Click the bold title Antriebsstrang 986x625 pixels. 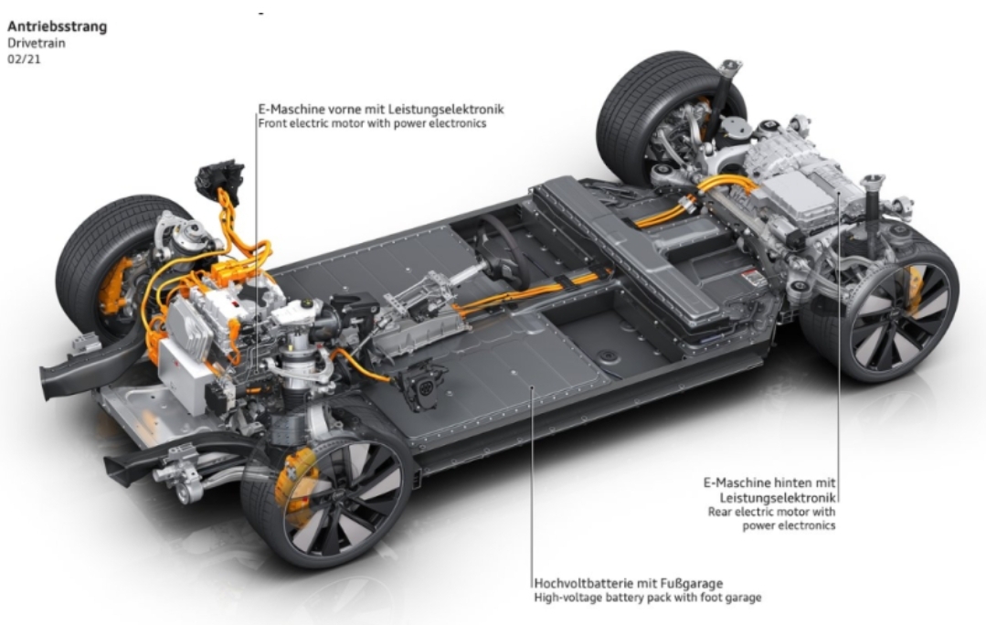click(x=57, y=26)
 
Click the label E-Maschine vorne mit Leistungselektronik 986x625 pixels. click(x=381, y=109)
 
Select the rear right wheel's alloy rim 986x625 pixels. click(x=891, y=316)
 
